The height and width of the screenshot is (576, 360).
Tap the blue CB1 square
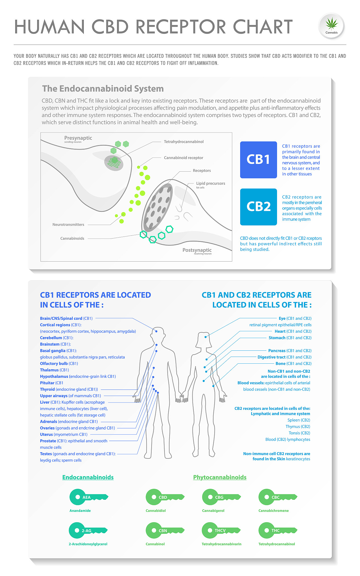click(258, 160)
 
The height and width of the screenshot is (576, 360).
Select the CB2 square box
click(258, 207)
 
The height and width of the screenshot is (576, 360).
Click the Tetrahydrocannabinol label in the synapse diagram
click(184, 142)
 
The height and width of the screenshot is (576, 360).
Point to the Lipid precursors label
click(211, 183)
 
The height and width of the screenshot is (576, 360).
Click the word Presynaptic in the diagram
click(78, 138)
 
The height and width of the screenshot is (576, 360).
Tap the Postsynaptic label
click(197, 250)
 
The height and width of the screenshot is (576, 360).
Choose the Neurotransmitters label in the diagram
click(68, 224)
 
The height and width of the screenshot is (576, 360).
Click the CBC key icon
click(278, 497)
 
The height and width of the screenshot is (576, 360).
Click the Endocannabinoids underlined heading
click(88, 477)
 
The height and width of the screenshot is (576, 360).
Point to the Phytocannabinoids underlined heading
click(220, 477)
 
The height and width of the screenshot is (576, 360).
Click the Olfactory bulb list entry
click(59, 363)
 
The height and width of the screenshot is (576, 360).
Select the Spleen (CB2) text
click(299, 420)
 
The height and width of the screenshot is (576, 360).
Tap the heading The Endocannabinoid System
click(103, 89)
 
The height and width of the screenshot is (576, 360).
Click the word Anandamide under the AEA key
click(80, 510)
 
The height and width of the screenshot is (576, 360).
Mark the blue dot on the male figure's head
click(156, 331)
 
